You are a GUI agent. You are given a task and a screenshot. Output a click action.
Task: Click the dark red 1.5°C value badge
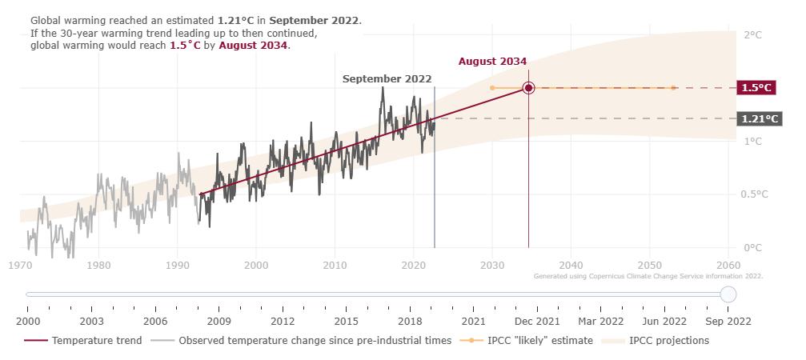coord(756,88)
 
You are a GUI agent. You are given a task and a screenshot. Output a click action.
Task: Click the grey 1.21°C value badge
coord(760,119)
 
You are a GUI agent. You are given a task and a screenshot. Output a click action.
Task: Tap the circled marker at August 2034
coord(528,88)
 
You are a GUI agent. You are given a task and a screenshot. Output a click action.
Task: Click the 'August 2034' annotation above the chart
coord(492,62)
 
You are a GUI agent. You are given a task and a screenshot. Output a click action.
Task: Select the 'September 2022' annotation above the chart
coord(387,79)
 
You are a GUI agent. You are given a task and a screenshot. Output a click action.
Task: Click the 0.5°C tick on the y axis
coord(756,194)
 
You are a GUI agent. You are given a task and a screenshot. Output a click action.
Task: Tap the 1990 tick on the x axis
coord(177,265)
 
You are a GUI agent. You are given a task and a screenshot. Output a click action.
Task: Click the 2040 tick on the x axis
coord(571,265)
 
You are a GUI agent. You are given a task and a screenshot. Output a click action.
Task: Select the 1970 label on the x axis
coord(21,265)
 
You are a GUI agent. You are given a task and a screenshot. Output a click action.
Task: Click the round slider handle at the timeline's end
coord(728,294)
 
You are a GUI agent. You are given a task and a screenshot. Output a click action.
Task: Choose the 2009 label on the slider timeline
coord(219,322)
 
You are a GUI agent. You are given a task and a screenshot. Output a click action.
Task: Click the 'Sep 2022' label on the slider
coord(728,322)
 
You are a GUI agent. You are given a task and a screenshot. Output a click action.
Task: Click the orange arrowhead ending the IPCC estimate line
coord(674,88)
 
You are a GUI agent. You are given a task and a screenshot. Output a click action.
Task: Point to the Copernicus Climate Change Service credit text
coord(648,276)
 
